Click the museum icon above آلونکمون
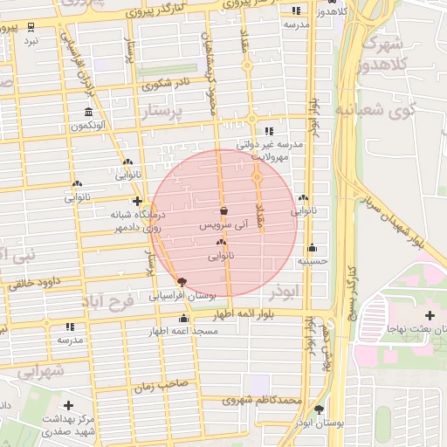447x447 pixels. tap(88, 113)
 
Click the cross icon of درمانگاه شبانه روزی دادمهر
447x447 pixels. tap(137, 201)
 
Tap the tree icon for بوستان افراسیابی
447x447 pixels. tap(182, 282)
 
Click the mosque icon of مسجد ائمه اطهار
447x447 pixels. tap(182, 319)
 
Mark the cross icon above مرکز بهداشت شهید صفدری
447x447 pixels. tap(69, 406)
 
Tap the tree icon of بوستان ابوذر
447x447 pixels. tap(319, 409)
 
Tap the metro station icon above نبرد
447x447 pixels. tap(31, 26)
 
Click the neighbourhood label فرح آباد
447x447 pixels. tap(111, 302)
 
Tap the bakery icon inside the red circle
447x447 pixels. tap(221, 243)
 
